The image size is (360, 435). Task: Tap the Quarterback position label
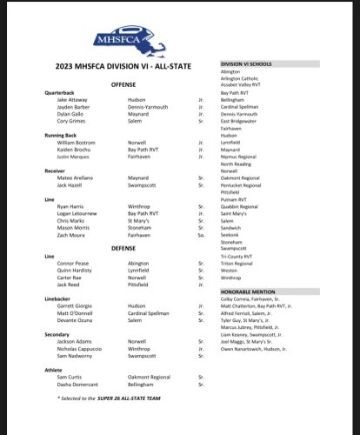coord(61,92)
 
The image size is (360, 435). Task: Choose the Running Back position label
coord(62,134)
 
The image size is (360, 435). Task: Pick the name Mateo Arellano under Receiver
coord(76,177)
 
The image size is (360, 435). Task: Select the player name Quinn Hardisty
coord(75,271)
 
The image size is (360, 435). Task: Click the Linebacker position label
coord(58,298)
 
